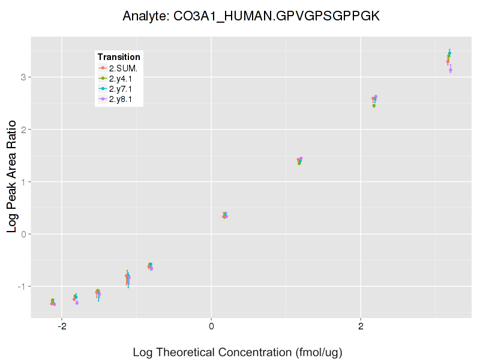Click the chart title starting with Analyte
coord(251,16)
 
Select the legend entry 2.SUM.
coord(123,68)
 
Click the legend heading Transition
coord(119,57)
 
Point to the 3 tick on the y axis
coord(22,77)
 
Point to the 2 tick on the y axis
coord(22,129)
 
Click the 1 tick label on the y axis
coord(22,181)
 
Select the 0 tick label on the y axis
coord(22,233)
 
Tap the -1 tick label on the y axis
coord(20,286)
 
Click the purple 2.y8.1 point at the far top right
coord(451,70)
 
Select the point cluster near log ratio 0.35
coord(225,215)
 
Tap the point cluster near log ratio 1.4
coord(299,160)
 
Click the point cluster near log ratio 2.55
coord(374,99)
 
